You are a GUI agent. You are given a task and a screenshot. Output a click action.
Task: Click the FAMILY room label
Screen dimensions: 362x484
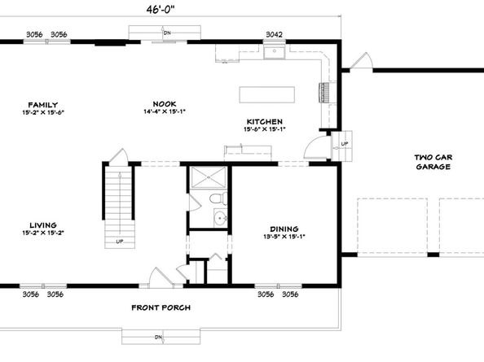pos(42,105)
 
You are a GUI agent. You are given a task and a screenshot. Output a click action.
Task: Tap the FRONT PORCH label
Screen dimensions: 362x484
pos(161,307)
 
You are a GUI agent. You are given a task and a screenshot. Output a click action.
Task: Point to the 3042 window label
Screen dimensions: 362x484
pos(275,34)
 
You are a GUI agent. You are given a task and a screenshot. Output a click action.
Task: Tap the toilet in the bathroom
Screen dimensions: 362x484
pos(217,198)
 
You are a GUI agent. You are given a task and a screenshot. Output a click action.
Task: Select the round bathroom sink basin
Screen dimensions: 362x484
pos(219,218)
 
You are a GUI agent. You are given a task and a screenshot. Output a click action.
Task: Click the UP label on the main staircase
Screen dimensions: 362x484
pos(120,241)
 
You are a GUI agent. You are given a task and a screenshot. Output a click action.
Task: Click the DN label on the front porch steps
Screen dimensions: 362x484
pos(160,337)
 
